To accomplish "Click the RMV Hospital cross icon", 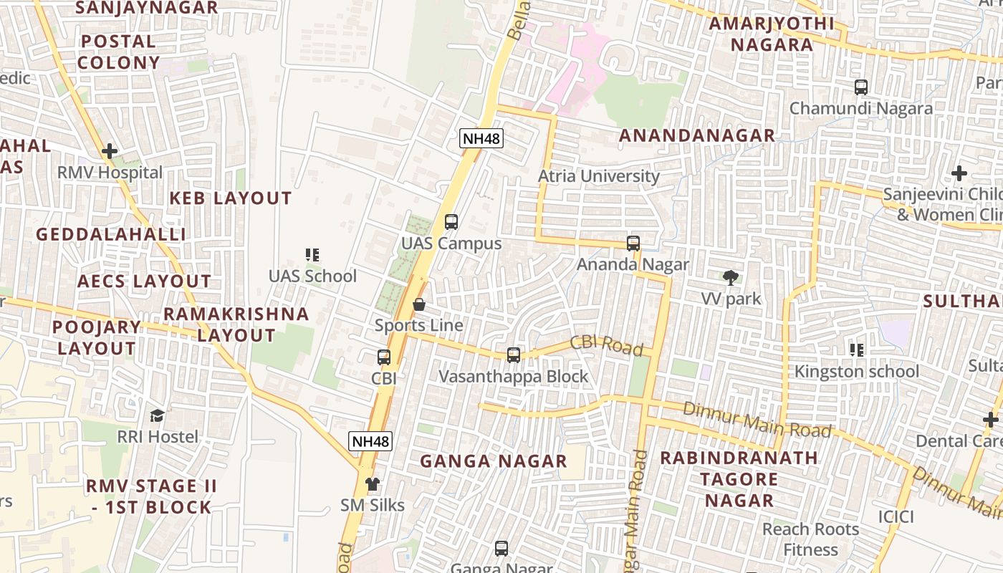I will tap(110, 151).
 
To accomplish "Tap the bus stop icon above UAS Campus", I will tap(451, 222).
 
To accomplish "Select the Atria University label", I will tap(598, 176).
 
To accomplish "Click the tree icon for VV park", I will tap(731, 278).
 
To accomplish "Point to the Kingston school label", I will tap(856, 371).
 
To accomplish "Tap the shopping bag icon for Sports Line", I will tap(419, 304).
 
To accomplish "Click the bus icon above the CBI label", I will tap(384, 357).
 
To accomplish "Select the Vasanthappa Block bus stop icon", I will tap(513, 355).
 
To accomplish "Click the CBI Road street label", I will tap(606, 345).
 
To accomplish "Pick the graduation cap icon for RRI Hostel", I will tap(157, 415).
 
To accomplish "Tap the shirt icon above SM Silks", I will tap(372, 483).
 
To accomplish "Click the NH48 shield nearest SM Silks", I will tap(370, 441).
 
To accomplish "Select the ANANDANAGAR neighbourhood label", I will tap(696, 135).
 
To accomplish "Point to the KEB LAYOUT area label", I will tap(230, 198).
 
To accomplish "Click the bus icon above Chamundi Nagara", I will tap(861, 87).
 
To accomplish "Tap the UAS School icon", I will tap(312, 254).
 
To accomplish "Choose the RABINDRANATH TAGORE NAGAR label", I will tap(739, 478).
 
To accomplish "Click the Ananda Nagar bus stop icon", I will tap(633, 244).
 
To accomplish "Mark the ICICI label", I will tap(896, 516).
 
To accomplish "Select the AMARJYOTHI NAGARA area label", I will tap(771, 34).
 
